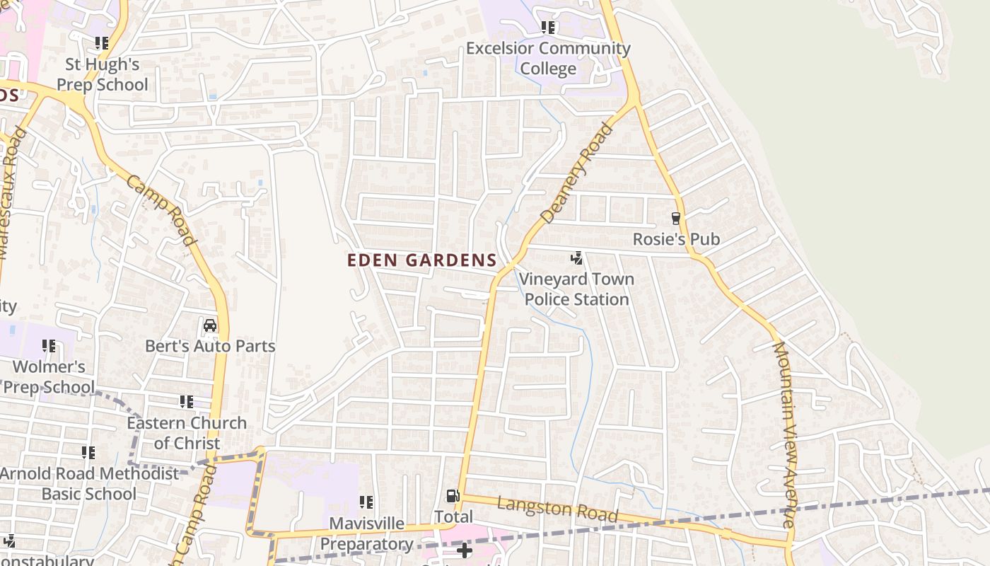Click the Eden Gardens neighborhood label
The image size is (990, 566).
point(422,260)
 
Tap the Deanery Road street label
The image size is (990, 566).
point(576,173)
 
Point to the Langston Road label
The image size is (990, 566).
point(557,509)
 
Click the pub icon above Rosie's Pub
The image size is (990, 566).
point(676,219)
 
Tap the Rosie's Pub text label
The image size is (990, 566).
point(676,239)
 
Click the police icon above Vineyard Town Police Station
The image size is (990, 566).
point(577,258)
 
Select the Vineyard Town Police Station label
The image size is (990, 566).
point(577,289)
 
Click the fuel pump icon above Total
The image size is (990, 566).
point(453,497)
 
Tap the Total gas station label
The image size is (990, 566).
point(453,517)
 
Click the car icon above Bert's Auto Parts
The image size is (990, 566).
point(210,325)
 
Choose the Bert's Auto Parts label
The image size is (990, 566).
point(210,347)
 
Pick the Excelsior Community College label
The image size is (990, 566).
point(548,59)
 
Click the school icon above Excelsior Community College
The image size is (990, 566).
point(548,28)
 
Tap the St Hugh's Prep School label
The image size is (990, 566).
point(103,74)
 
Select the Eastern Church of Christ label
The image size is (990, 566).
point(187,433)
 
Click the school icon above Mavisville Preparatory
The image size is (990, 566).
point(366,502)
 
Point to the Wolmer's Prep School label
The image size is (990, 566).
point(49,376)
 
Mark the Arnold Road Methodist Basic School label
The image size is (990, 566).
point(89,483)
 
